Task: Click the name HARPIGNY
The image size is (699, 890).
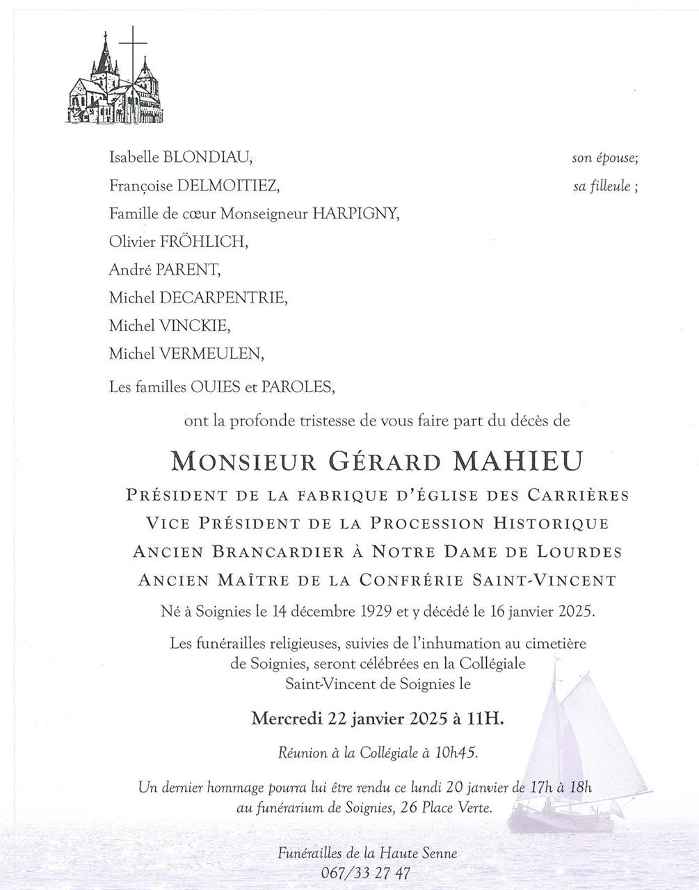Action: (x=355, y=214)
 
